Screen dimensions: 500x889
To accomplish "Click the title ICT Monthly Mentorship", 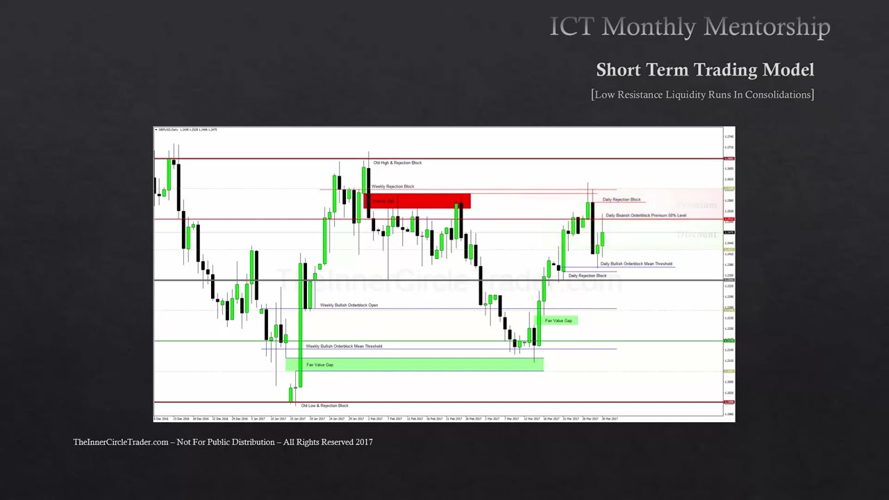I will (x=690, y=27).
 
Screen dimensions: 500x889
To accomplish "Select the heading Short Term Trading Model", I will (x=705, y=69).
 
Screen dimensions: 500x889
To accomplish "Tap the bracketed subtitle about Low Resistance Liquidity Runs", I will (x=702, y=94).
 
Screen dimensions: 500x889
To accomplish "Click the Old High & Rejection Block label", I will (x=397, y=162).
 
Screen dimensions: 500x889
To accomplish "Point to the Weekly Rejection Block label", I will (x=392, y=186).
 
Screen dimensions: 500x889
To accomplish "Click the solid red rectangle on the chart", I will (x=417, y=201).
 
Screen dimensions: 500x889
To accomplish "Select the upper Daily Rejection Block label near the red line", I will (x=622, y=199).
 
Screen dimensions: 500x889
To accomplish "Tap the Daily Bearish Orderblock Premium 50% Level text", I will (x=646, y=215).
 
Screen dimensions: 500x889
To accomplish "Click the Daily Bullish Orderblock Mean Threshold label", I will (x=636, y=264).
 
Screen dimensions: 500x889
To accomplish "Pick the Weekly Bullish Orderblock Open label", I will (x=349, y=305).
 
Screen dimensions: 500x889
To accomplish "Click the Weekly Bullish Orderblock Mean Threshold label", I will (x=344, y=346).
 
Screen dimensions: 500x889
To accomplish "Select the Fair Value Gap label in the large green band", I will (x=319, y=365).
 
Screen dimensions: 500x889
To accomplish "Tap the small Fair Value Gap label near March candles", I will (x=558, y=320).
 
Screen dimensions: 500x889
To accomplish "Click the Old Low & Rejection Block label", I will (x=324, y=406).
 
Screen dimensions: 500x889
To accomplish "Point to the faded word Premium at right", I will (x=697, y=205).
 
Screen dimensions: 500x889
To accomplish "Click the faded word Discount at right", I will (x=697, y=235).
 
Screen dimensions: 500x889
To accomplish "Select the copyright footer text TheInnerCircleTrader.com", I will (x=223, y=442).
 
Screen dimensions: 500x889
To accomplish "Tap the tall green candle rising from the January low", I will (x=300, y=319).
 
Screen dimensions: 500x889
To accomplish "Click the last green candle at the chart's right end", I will (x=602, y=239).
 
